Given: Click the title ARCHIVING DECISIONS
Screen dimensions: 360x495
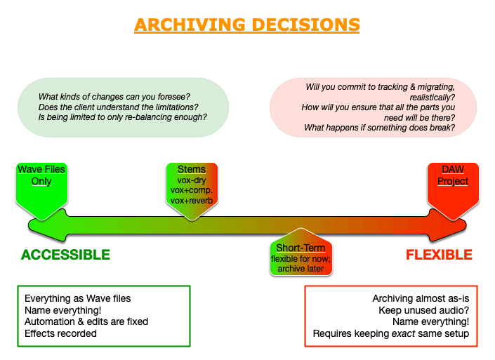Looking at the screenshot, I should (247, 25).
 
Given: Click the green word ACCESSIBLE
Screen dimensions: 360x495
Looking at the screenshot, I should (65, 255).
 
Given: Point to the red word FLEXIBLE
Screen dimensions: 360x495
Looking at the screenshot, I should (439, 255).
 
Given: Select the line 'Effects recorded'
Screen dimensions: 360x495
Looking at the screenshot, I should (60, 333).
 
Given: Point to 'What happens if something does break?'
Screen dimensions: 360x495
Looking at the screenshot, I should (379, 128).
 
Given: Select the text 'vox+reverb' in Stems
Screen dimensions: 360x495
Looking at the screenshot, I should (192, 201).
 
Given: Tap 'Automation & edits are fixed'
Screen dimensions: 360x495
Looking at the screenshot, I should (86, 321).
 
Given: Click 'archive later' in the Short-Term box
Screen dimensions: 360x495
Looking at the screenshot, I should (301, 269).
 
